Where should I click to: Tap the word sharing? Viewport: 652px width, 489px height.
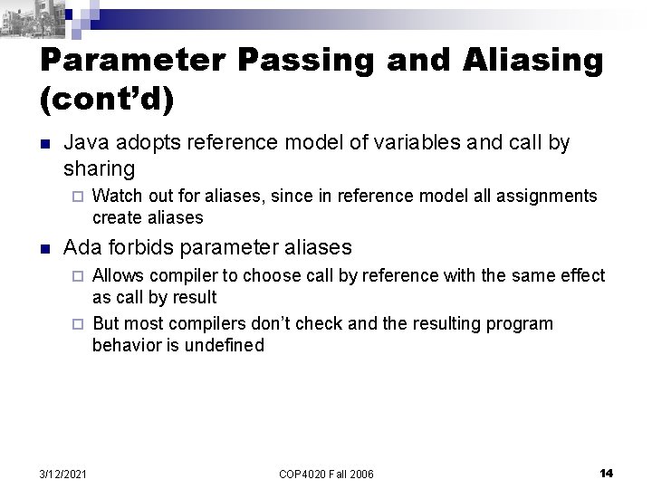(99, 168)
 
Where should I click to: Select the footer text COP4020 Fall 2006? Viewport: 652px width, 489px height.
(325, 474)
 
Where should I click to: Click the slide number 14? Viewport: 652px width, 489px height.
(606, 473)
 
